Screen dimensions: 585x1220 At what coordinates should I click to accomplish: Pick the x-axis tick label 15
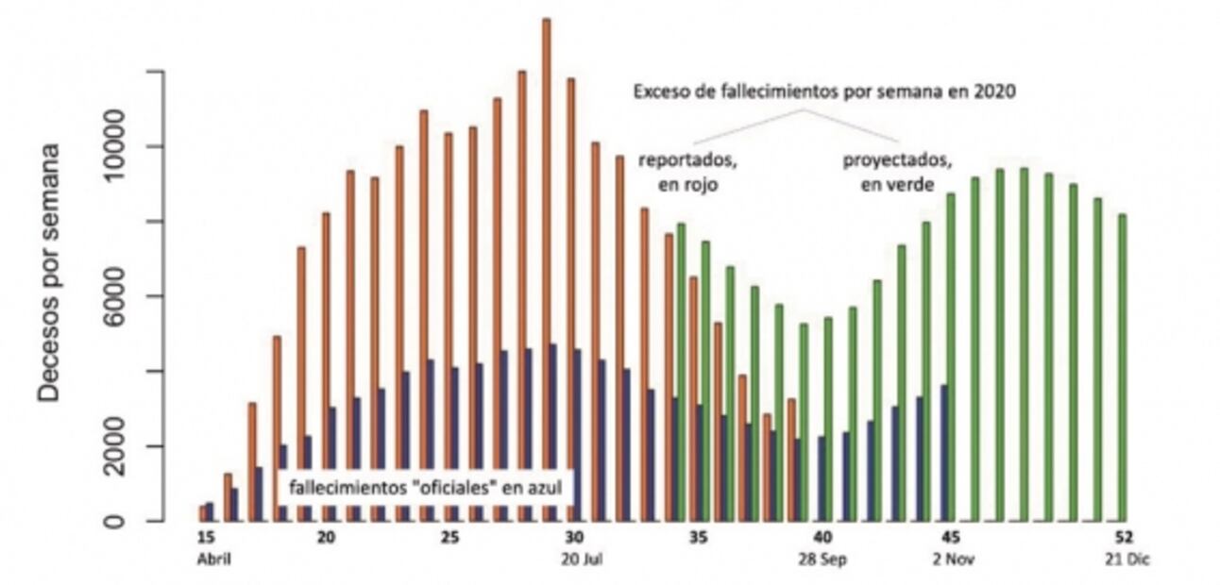207,539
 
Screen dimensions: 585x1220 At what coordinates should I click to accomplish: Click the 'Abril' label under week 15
212,559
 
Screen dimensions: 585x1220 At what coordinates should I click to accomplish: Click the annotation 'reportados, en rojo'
688,172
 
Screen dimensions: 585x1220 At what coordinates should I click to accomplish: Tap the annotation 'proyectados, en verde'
896,172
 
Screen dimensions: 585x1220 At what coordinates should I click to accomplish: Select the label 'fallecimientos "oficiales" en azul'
425,489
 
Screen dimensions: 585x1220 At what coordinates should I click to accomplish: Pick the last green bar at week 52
1122,368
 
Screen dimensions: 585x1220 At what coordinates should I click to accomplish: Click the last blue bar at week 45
944,453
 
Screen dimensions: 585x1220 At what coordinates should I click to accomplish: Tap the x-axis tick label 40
823,539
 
